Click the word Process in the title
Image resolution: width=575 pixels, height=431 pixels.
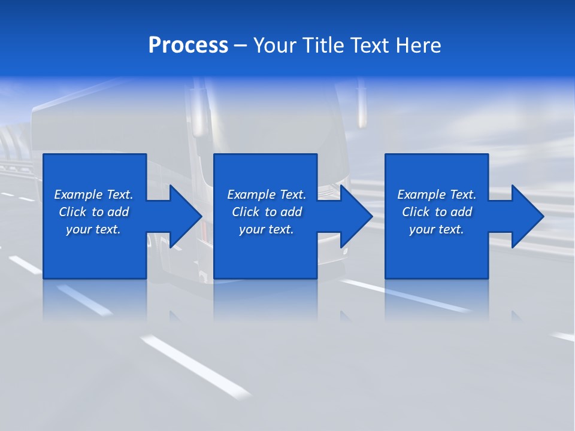tap(188, 45)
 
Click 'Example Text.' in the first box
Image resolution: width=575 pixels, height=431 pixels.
tap(93, 195)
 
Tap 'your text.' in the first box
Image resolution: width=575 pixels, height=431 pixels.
tap(93, 229)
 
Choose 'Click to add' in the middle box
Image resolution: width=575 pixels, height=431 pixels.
tap(267, 212)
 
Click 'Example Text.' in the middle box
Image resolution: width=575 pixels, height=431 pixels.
tap(267, 195)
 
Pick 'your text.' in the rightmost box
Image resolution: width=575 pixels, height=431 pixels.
tap(437, 229)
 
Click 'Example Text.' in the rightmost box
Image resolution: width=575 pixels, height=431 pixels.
tap(437, 195)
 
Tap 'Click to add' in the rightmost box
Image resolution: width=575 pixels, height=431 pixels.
tap(437, 212)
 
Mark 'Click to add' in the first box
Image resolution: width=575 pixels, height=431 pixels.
tap(93, 212)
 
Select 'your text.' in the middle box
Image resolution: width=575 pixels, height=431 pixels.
tap(267, 229)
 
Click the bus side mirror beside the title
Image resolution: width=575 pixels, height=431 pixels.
tap(362, 108)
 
